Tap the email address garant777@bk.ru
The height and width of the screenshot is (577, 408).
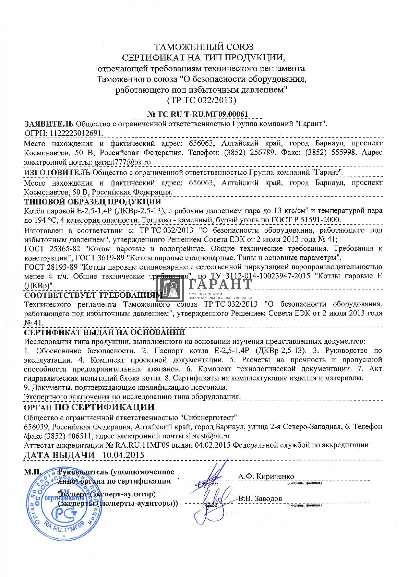(123, 162)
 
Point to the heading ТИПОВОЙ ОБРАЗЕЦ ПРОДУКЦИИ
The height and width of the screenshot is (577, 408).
(93, 202)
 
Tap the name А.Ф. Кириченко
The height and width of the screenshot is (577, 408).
(266, 476)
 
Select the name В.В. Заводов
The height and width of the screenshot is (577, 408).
(260, 499)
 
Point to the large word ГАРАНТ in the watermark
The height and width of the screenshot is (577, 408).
(220, 284)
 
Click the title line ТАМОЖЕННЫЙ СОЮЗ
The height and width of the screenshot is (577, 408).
(204, 47)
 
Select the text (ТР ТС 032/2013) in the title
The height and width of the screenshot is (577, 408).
(201, 100)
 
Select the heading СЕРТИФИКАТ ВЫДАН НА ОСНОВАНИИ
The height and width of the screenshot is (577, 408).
(104, 332)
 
